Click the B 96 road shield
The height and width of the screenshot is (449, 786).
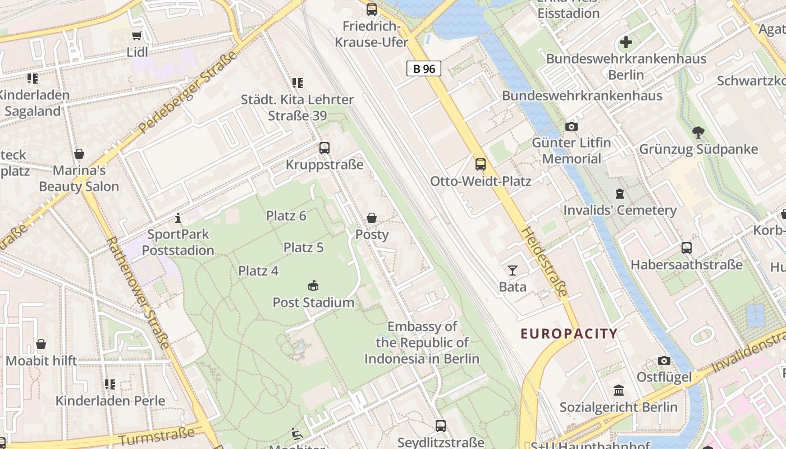point(424,69)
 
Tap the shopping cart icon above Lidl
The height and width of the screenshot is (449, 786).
point(136,36)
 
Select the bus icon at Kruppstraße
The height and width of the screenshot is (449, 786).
point(325,148)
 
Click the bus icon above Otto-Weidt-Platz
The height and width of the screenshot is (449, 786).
point(481,164)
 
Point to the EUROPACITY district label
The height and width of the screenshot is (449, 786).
point(569,334)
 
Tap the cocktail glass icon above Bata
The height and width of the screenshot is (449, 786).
point(512,271)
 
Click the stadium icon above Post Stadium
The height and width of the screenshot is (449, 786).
point(313,286)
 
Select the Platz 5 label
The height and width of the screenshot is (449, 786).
point(303,248)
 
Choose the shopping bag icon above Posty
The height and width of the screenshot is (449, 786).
point(372,218)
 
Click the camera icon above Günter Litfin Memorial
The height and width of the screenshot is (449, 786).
point(572,126)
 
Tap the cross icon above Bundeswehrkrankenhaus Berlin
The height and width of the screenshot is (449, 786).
point(626,42)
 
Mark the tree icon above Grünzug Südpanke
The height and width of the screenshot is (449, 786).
point(698,132)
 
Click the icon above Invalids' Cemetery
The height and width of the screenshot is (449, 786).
point(620,194)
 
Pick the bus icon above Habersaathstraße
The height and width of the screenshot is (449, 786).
point(686,248)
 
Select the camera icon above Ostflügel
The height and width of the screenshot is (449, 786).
point(664,360)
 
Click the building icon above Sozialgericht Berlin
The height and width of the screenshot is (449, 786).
point(618,390)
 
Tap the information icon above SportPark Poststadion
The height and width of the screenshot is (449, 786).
point(178,218)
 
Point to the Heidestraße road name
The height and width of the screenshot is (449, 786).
point(544,262)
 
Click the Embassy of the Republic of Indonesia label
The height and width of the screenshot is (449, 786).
point(422,342)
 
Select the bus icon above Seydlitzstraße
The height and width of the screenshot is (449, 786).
point(441,426)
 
